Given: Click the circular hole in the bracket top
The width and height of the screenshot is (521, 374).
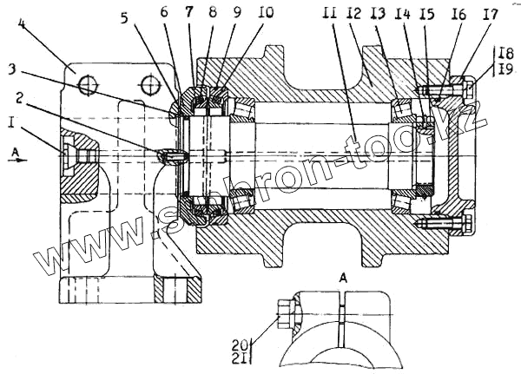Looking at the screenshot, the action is pyautogui.click(x=85, y=84).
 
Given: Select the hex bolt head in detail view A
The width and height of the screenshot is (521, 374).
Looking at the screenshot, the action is pyautogui.click(x=284, y=311).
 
